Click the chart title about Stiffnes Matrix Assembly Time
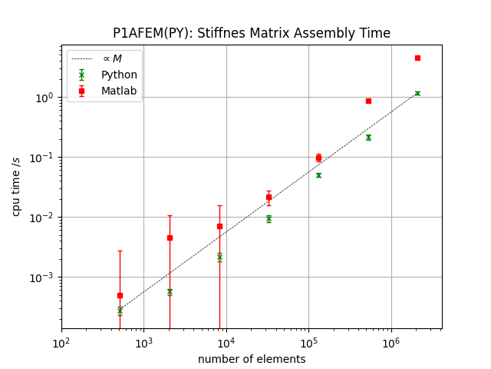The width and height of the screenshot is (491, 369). pyautogui.click(x=252, y=33)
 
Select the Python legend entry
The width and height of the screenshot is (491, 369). pyautogui.click(x=119, y=75)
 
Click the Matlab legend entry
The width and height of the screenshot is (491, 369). pyautogui.click(x=119, y=91)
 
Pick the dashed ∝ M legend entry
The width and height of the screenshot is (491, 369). pyautogui.click(x=112, y=58)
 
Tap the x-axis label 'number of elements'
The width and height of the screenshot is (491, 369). pyautogui.click(x=252, y=359)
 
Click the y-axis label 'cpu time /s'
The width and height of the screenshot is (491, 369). pyautogui.click(x=15, y=186)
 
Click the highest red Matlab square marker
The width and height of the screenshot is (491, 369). pyautogui.click(x=417, y=58)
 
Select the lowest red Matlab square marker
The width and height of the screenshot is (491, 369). pyautogui.click(x=120, y=295)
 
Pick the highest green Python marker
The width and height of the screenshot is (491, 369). pyautogui.click(x=417, y=93)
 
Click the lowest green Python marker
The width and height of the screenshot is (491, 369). pyautogui.click(x=120, y=311)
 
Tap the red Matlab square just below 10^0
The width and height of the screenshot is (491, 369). pyautogui.click(x=368, y=101)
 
